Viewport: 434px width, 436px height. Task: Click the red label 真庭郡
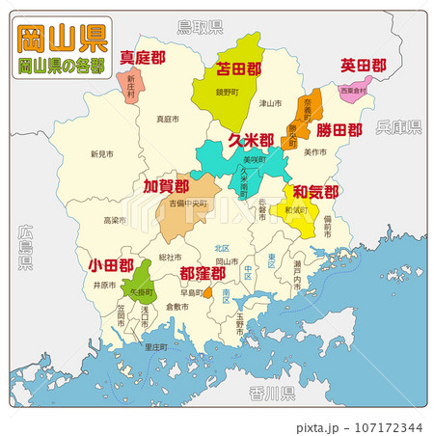(x=142, y=58)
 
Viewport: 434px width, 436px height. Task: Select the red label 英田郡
(x=364, y=66)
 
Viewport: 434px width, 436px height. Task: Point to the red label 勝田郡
(x=339, y=129)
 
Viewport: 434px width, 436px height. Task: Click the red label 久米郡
(x=251, y=141)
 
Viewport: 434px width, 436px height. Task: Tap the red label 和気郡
(x=315, y=191)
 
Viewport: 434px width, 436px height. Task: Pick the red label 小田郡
(x=110, y=263)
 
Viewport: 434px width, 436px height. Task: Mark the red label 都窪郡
(x=203, y=274)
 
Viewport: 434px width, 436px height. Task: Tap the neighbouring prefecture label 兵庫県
(x=398, y=126)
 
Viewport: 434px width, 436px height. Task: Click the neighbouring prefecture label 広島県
(x=24, y=247)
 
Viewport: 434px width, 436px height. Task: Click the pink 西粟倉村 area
(x=354, y=91)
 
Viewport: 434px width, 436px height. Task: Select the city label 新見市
(x=101, y=153)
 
